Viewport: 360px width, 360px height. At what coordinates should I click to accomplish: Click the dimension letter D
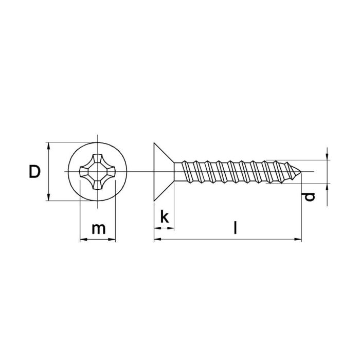(34, 172)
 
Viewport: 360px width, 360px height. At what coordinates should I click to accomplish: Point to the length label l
(235, 228)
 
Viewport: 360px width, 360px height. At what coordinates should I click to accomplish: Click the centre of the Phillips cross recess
(98, 171)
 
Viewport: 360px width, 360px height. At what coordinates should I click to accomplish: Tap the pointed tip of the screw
(300, 171)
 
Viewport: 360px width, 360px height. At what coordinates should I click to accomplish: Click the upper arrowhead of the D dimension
(49, 146)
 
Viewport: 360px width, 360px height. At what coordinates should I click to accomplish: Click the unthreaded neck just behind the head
(179, 171)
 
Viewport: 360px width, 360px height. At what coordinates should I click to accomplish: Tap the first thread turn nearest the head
(190, 171)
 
